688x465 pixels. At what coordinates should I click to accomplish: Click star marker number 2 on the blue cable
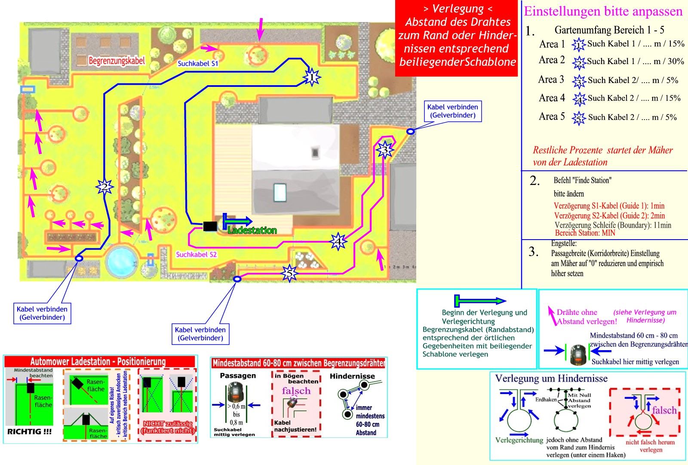(x=104, y=187)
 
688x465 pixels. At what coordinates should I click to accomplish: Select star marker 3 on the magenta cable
(x=384, y=150)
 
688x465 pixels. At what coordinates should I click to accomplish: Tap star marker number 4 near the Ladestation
(x=338, y=242)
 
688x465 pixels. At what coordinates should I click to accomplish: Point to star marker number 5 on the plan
(x=289, y=273)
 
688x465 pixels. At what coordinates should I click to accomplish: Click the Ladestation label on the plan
(x=252, y=231)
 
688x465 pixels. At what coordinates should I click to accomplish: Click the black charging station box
(x=210, y=226)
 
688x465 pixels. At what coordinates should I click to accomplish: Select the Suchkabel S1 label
(x=198, y=64)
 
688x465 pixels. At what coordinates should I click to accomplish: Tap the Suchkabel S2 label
(x=196, y=255)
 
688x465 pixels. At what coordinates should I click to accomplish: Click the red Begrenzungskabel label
(x=117, y=61)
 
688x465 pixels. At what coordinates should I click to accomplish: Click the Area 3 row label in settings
(x=551, y=80)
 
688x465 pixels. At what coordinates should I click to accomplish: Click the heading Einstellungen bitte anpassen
(x=603, y=11)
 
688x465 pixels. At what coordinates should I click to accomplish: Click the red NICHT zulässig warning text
(x=168, y=427)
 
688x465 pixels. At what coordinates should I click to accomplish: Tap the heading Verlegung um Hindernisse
(x=551, y=379)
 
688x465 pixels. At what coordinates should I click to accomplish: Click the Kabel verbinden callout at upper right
(x=452, y=111)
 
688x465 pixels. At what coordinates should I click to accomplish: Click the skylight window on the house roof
(x=280, y=192)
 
